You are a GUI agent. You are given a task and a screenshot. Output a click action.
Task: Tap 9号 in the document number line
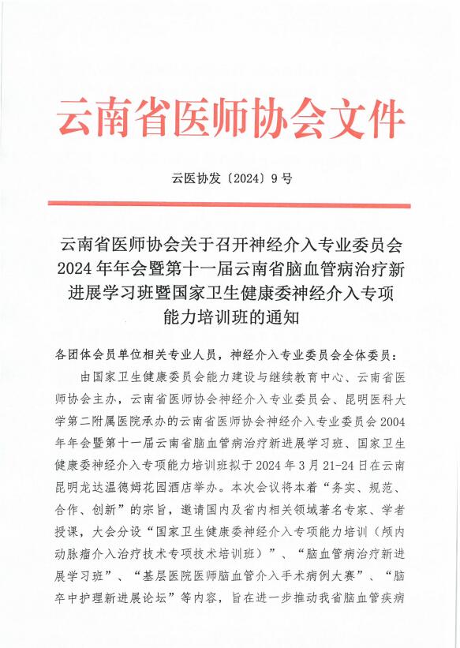pyautogui.click(x=282, y=178)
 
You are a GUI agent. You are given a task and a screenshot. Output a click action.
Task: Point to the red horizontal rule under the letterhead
pyautogui.click(x=230, y=205)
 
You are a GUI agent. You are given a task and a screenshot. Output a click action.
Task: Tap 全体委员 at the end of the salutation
pyautogui.click(x=376, y=354)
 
